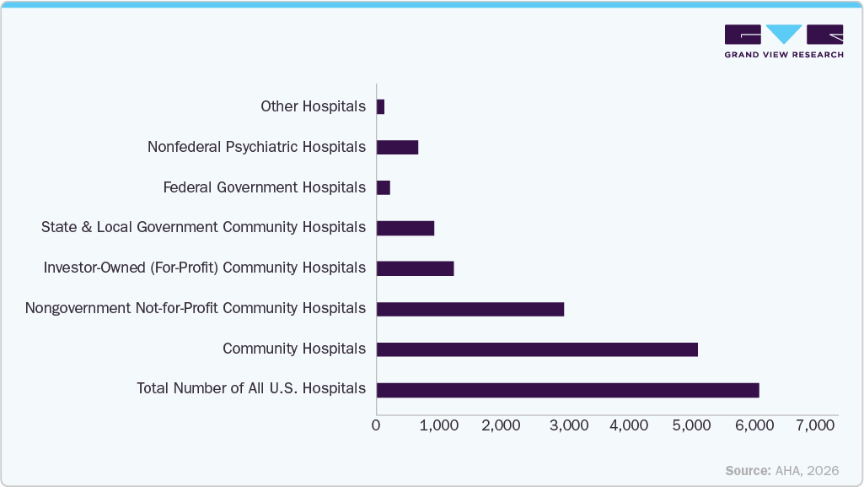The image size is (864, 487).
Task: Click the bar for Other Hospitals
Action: click(x=380, y=106)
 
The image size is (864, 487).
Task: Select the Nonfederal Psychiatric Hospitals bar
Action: click(x=397, y=147)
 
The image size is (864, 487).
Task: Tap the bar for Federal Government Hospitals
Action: click(x=384, y=187)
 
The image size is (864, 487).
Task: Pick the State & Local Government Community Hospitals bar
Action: click(x=405, y=228)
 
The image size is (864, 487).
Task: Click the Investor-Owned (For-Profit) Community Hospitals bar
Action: click(x=415, y=268)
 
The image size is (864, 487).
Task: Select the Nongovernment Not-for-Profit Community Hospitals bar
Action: click(x=470, y=309)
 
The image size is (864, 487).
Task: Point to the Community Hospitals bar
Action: click(x=537, y=349)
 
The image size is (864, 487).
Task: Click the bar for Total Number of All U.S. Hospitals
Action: click(x=567, y=390)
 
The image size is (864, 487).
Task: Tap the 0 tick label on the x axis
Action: click(x=376, y=426)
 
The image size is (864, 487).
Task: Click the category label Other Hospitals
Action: click(x=313, y=106)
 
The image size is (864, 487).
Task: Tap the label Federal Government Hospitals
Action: click(x=264, y=187)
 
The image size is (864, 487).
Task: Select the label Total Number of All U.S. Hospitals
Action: click(x=251, y=389)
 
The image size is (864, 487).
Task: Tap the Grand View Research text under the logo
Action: click(x=783, y=55)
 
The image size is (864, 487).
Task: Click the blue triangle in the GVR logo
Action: click(x=784, y=34)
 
